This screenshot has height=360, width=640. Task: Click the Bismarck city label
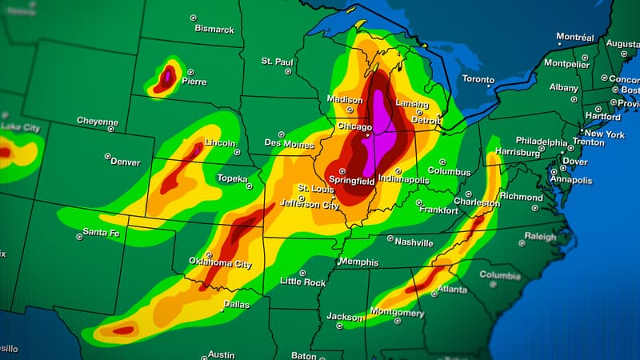[214, 29]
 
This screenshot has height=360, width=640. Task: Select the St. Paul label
[278, 61]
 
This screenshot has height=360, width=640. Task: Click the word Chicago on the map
[354, 127]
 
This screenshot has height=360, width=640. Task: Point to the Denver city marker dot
[107, 156]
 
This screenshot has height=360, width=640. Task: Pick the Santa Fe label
[101, 233]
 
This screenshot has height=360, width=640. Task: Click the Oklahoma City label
[220, 262]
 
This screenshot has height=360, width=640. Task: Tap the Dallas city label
[236, 304]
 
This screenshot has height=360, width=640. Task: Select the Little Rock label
[302, 282]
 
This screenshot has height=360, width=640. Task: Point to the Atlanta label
[452, 289]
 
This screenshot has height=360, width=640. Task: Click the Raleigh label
[540, 237]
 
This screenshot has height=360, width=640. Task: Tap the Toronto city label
[478, 79]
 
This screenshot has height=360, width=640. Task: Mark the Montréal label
[575, 37]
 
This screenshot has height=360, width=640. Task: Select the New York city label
[604, 134]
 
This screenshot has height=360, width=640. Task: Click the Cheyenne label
[97, 121]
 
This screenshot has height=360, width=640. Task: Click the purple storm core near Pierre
[167, 77]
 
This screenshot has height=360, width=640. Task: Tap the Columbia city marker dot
[494, 282]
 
